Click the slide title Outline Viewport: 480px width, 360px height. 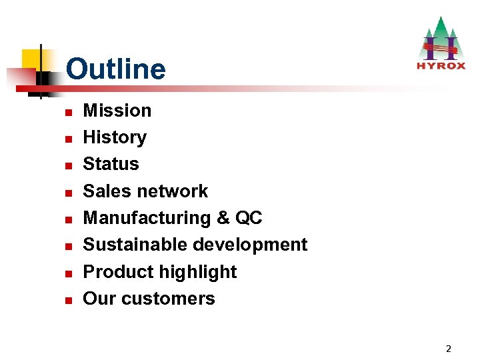coord(115,69)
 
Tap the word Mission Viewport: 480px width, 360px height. coord(117,110)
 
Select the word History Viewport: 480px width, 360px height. coord(114,137)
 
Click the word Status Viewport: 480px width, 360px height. coord(111,164)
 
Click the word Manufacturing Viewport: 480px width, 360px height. coord(145,218)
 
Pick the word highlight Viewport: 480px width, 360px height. coord(199,272)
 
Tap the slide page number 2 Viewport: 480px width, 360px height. coord(448,348)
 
